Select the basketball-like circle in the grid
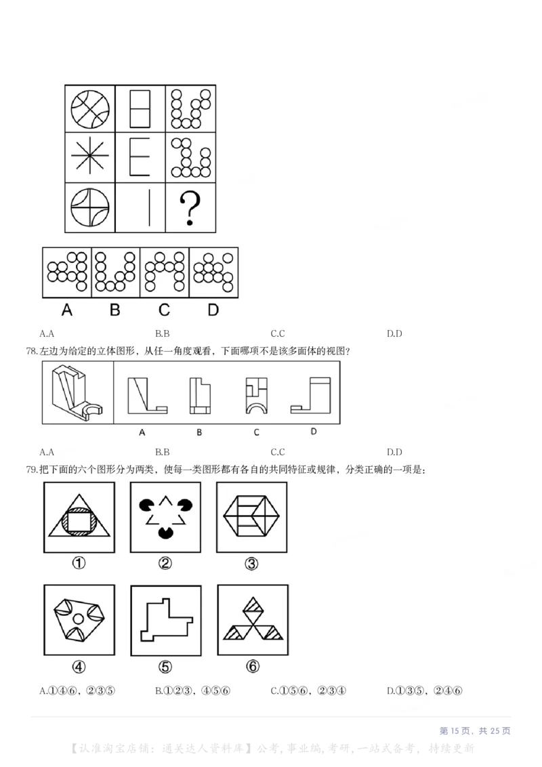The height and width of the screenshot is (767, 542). (90, 108)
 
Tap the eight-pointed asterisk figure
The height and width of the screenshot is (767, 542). (90, 158)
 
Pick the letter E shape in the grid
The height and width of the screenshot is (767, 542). (140, 158)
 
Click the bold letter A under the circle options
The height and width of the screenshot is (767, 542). (66, 310)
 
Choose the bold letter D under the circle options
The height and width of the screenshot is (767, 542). (213, 310)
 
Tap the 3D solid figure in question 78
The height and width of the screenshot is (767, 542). (78, 392)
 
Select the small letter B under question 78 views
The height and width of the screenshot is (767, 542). (199, 432)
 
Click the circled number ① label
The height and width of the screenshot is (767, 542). (79, 564)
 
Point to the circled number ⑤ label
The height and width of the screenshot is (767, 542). (165, 667)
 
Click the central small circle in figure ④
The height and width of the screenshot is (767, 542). (79, 619)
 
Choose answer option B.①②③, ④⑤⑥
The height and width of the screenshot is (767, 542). (193, 691)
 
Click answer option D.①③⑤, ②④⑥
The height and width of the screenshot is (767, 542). (425, 691)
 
